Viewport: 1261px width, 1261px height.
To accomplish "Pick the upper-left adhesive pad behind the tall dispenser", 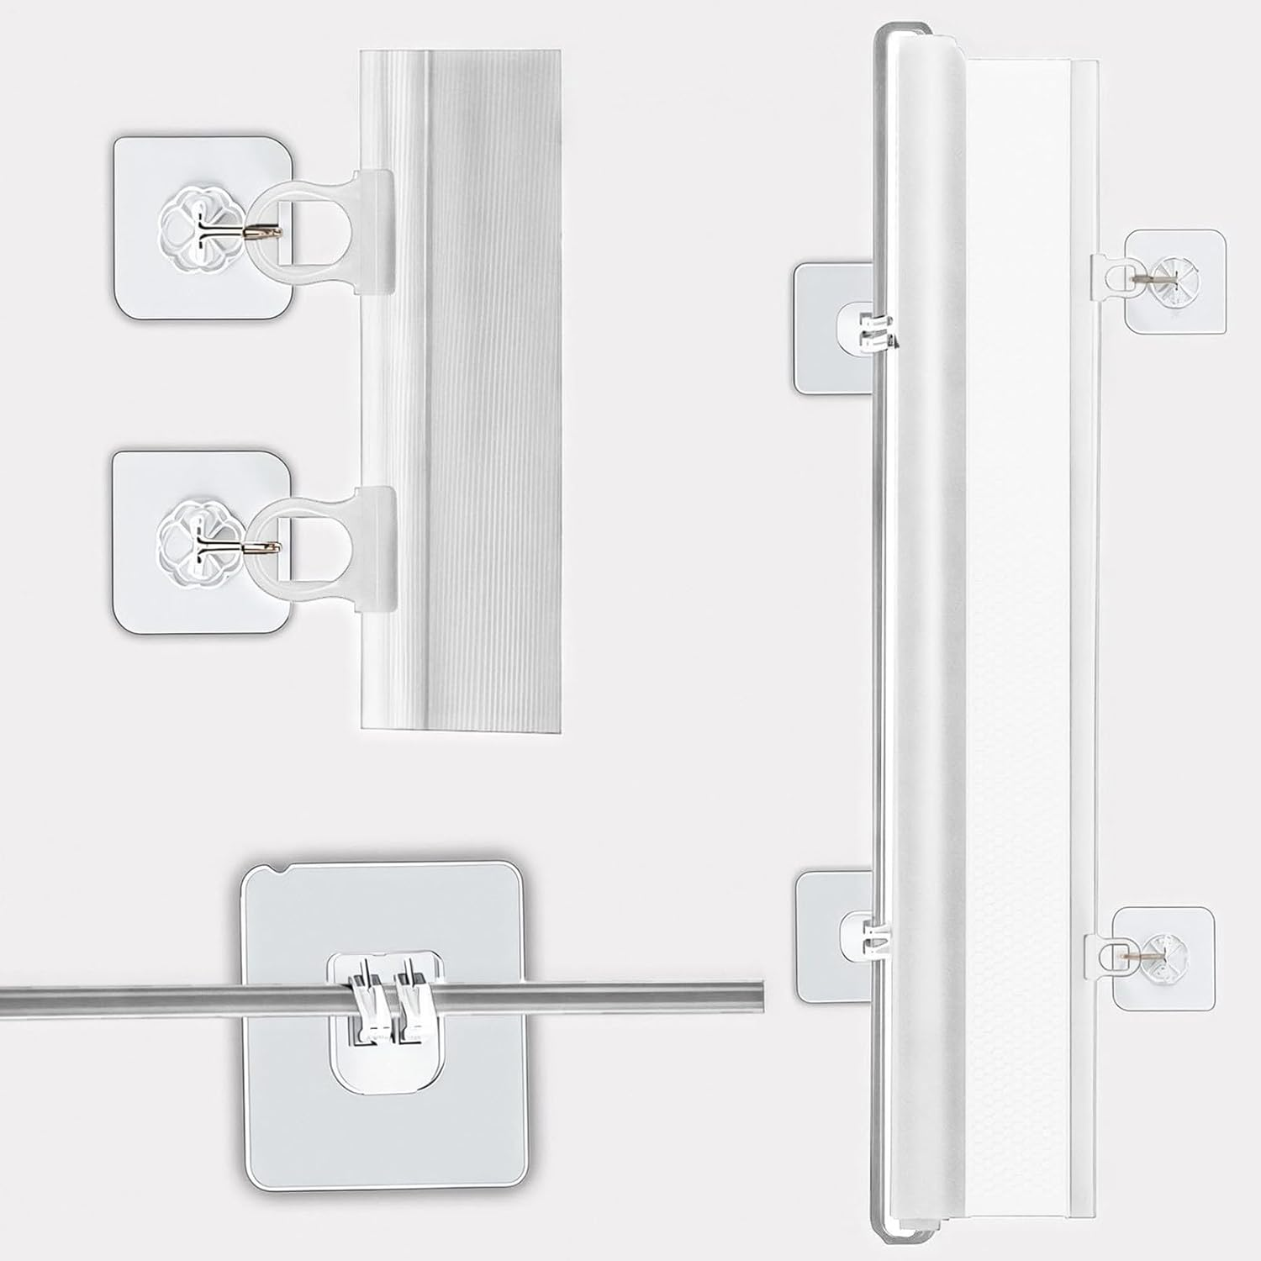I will pyautogui.click(x=828, y=328).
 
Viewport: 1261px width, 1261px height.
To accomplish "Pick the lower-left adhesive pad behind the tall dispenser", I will pyautogui.click(x=828, y=933).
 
